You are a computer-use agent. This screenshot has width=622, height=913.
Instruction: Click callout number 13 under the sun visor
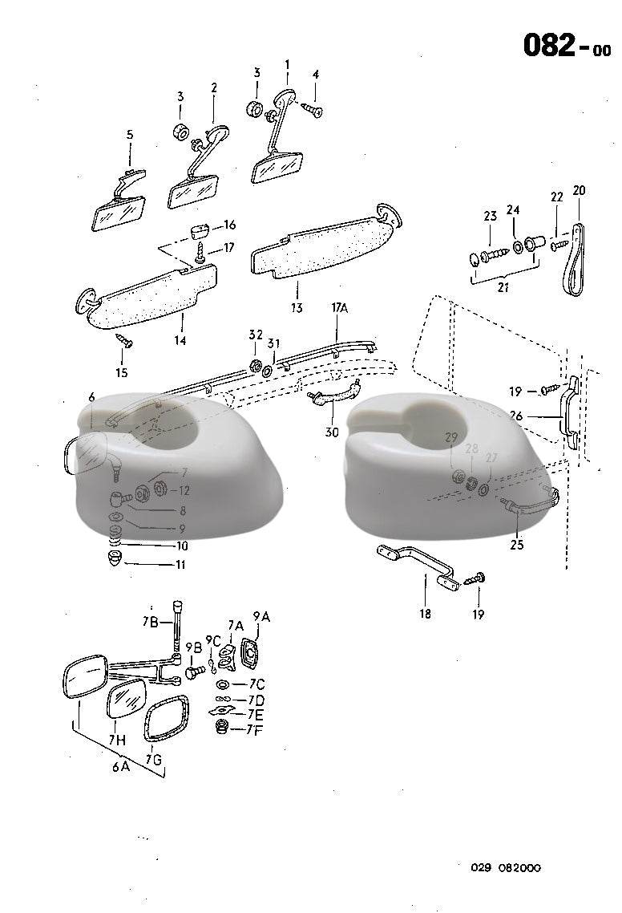coord(297,307)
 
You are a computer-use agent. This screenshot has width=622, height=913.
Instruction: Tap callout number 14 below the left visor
coord(180,340)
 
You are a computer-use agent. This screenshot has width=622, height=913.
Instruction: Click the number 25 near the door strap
coord(517,545)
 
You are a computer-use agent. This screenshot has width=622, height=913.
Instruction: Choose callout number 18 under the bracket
coord(424,614)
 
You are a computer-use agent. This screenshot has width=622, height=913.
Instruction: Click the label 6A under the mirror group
coord(121,766)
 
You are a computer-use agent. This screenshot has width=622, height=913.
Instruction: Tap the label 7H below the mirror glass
coord(117,741)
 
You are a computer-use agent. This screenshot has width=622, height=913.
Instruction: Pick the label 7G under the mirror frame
coord(154,758)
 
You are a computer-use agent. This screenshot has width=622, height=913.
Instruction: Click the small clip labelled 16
coord(199,233)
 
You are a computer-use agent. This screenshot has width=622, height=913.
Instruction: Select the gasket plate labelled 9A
coord(250,653)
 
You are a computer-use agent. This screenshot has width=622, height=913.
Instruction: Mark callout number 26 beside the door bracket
coord(516,417)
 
